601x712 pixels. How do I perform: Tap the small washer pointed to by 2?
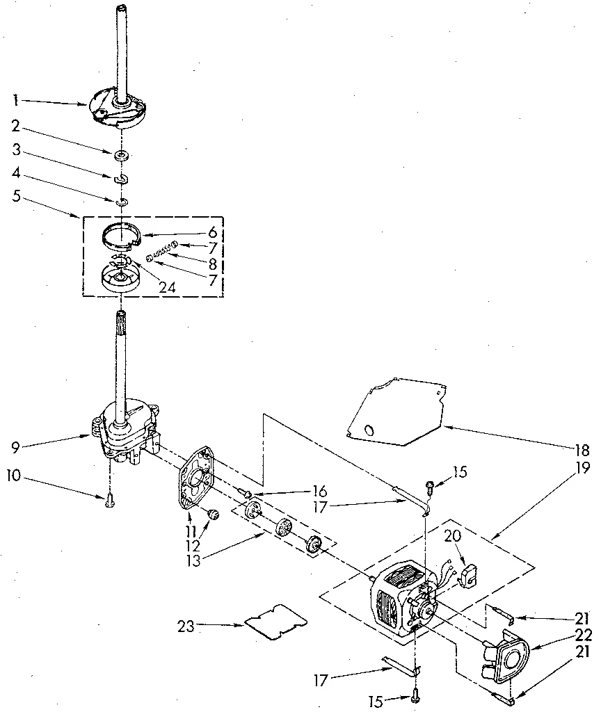[x=121, y=154]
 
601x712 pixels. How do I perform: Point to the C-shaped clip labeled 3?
[x=122, y=180]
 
